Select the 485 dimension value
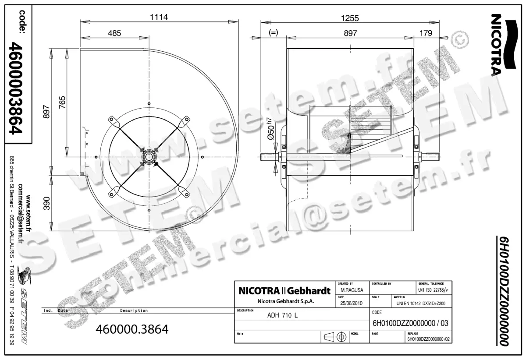114,33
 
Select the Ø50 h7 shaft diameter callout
271,131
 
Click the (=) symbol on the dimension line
274,33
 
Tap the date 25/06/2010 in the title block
351,303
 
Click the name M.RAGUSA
351,290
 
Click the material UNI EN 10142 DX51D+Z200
420,303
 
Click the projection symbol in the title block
334,337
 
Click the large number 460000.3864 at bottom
132,329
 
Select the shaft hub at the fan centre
149,156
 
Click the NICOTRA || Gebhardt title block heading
284,291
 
